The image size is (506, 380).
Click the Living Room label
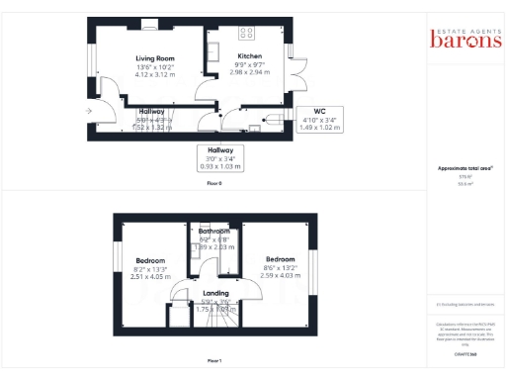click(154, 58)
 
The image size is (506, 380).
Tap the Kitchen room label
click(250, 56)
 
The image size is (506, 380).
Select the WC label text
click(319, 110)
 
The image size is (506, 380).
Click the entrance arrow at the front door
click(90, 112)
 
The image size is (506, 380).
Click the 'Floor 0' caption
click(214, 184)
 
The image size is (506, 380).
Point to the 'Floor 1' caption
click(214, 360)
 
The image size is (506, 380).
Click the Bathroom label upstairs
click(212, 231)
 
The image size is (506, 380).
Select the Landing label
click(215, 293)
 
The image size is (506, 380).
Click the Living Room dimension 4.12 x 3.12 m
click(154, 74)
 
